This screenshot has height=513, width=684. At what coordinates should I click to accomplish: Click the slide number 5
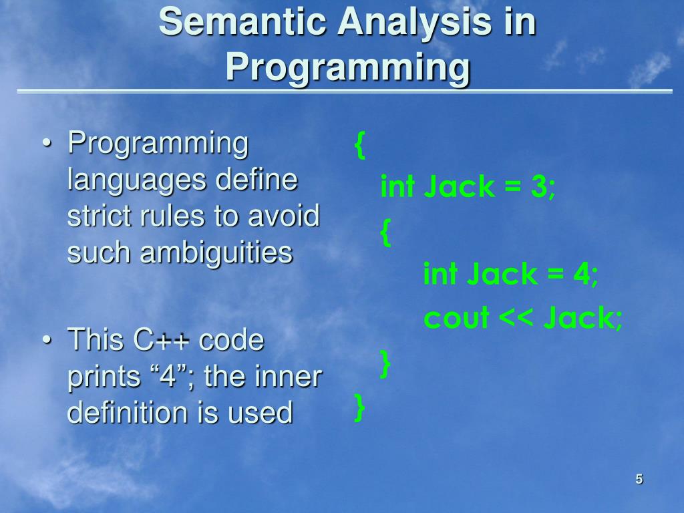click(x=639, y=479)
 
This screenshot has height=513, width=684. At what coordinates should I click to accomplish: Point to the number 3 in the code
click(x=539, y=186)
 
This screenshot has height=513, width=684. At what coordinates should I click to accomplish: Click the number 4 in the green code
click(x=582, y=274)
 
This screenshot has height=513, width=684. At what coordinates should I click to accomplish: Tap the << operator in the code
click(x=515, y=318)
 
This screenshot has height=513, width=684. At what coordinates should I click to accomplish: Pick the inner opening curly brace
click(x=385, y=232)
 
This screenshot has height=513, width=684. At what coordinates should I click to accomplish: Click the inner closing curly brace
click(x=385, y=363)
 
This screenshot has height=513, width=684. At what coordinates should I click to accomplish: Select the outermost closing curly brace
click(x=359, y=407)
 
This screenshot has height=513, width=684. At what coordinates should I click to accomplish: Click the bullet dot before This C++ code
click(x=47, y=339)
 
